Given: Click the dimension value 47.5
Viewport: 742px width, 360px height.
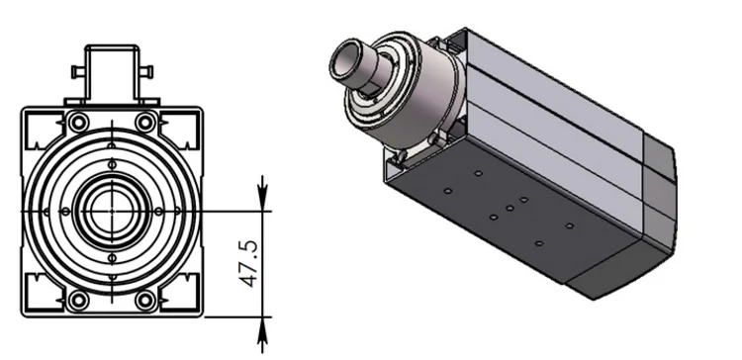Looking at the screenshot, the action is [249, 264].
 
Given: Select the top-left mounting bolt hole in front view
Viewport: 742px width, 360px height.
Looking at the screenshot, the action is [78, 123].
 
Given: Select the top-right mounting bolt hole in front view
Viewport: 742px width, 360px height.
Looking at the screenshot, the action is [145, 123].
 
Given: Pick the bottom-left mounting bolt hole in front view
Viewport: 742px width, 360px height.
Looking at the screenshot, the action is [78, 300].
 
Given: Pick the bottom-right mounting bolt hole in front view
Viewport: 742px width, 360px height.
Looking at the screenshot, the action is [145, 300].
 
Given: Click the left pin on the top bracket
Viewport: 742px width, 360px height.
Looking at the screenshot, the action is [77, 72].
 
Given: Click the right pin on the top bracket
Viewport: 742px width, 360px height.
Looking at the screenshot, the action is [146, 72].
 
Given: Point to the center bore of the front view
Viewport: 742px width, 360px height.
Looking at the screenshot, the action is [112, 211].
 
